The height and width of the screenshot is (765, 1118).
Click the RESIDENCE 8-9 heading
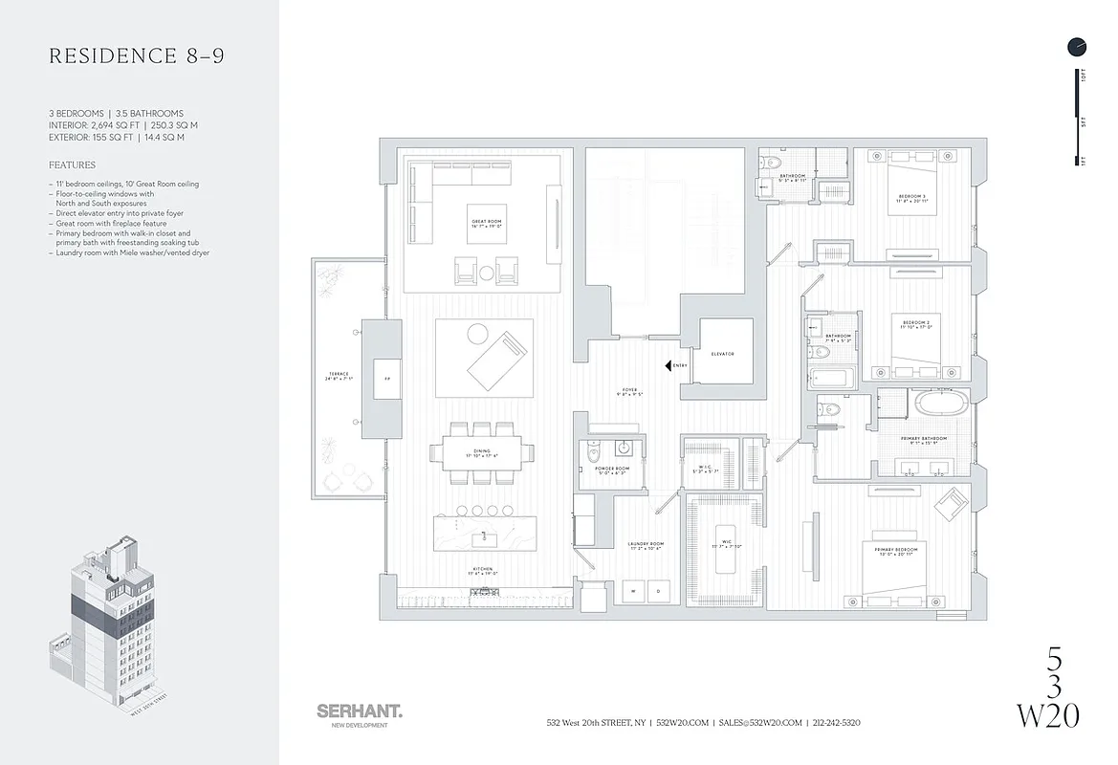[137, 56]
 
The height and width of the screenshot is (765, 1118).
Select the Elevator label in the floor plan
[723, 354]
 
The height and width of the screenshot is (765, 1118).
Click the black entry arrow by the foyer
[667, 365]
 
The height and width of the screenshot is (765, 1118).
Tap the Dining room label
[483, 454]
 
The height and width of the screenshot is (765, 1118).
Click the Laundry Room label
[647, 546]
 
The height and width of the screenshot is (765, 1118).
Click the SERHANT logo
[359, 712]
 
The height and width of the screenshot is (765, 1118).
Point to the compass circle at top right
[1077, 46]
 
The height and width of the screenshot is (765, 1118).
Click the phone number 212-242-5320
[837, 723]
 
